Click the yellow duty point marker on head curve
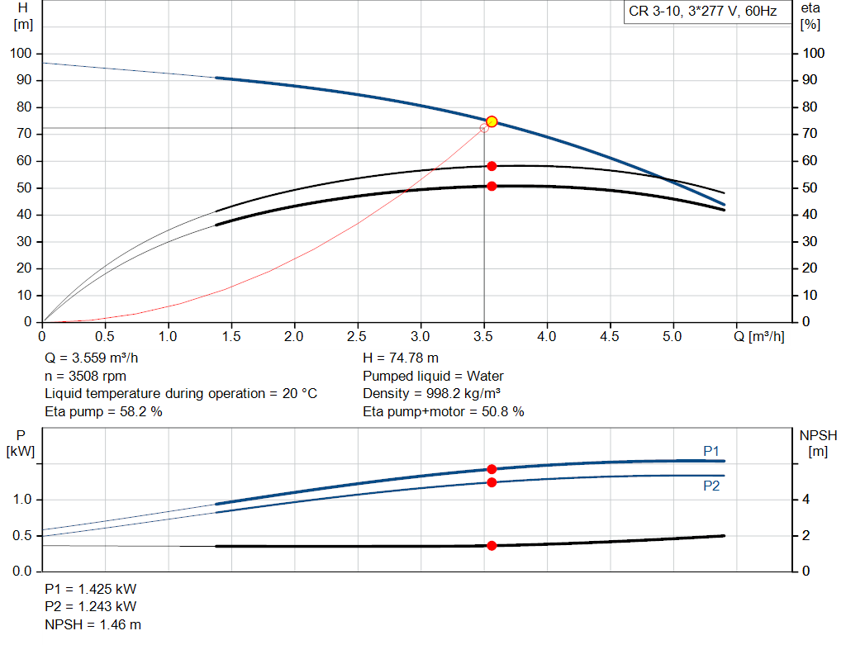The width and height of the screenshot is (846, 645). tap(492, 121)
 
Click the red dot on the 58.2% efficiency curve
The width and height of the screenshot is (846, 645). tap(492, 166)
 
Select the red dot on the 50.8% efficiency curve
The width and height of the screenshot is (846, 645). tap(492, 186)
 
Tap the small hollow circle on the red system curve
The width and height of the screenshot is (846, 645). tap(484, 128)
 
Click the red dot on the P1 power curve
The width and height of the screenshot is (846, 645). tap(492, 469)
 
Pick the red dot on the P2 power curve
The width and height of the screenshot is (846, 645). tap(492, 482)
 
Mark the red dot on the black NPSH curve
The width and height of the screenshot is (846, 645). tap(492, 545)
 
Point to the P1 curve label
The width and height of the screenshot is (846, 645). tap(711, 450)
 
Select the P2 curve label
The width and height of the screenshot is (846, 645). tap(711, 486)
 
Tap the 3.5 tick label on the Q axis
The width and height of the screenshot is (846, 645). tap(483, 337)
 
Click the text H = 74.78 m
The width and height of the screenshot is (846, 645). tap(402, 358)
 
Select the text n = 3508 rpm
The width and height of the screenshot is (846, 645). tap(85, 376)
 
